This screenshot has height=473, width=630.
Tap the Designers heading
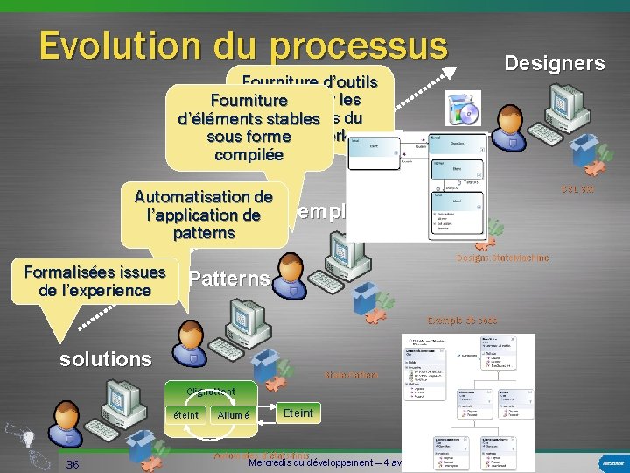(x=555, y=63)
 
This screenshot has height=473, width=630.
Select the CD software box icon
(x=463, y=112)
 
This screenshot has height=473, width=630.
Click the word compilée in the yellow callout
(x=248, y=154)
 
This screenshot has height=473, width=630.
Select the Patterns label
(x=228, y=279)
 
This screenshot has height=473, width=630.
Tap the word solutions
(x=105, y=359)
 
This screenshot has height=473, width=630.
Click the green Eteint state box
(x=298, y=413)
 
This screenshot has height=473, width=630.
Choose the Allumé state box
(x=234, y=415)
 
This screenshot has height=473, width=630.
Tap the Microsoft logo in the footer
(x=612, y=462)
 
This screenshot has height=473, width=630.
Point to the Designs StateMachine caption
(x=502, y=258)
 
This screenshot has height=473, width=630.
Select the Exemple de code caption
(x=462, y=321)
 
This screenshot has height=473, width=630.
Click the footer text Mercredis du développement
(x=315, y=462)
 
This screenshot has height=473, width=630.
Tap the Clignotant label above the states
(x=211, y=391)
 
